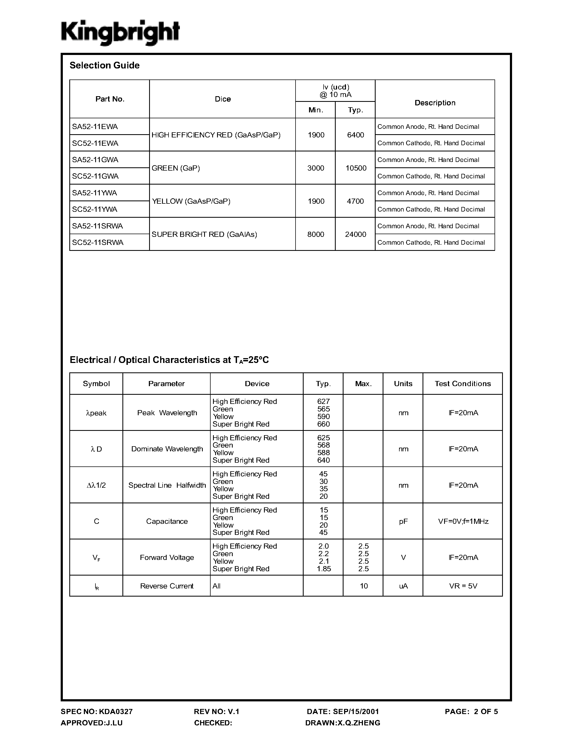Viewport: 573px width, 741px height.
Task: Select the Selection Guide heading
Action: [105, 65]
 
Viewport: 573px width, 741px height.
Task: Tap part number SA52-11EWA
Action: [95, 127]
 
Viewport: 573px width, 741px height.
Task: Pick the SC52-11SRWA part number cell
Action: [98, 242]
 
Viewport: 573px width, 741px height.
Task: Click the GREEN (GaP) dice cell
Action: [176, 168]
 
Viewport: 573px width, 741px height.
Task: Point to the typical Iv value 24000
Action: [355, 234]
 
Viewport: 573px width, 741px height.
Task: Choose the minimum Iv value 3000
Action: [316, 168]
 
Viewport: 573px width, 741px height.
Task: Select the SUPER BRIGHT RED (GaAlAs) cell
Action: [204, 234]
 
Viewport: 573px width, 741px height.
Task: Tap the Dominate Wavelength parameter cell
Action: [167, 449]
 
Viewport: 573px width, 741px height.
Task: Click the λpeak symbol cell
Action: [97, 413]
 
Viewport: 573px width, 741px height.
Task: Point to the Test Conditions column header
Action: [463, 383]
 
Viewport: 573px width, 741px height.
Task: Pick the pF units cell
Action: [403, 521]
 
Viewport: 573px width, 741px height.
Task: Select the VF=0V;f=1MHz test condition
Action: [463, 521]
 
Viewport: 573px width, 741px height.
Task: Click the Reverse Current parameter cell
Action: [167, 586]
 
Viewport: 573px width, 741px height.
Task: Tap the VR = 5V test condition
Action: [463, 586]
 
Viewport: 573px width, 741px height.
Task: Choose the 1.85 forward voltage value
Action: [324, 569]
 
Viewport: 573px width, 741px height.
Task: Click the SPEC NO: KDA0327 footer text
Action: [97, 711]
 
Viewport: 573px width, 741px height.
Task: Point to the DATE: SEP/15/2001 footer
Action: [343, 711]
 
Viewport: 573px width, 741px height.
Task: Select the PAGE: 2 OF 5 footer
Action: [471, 711]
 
